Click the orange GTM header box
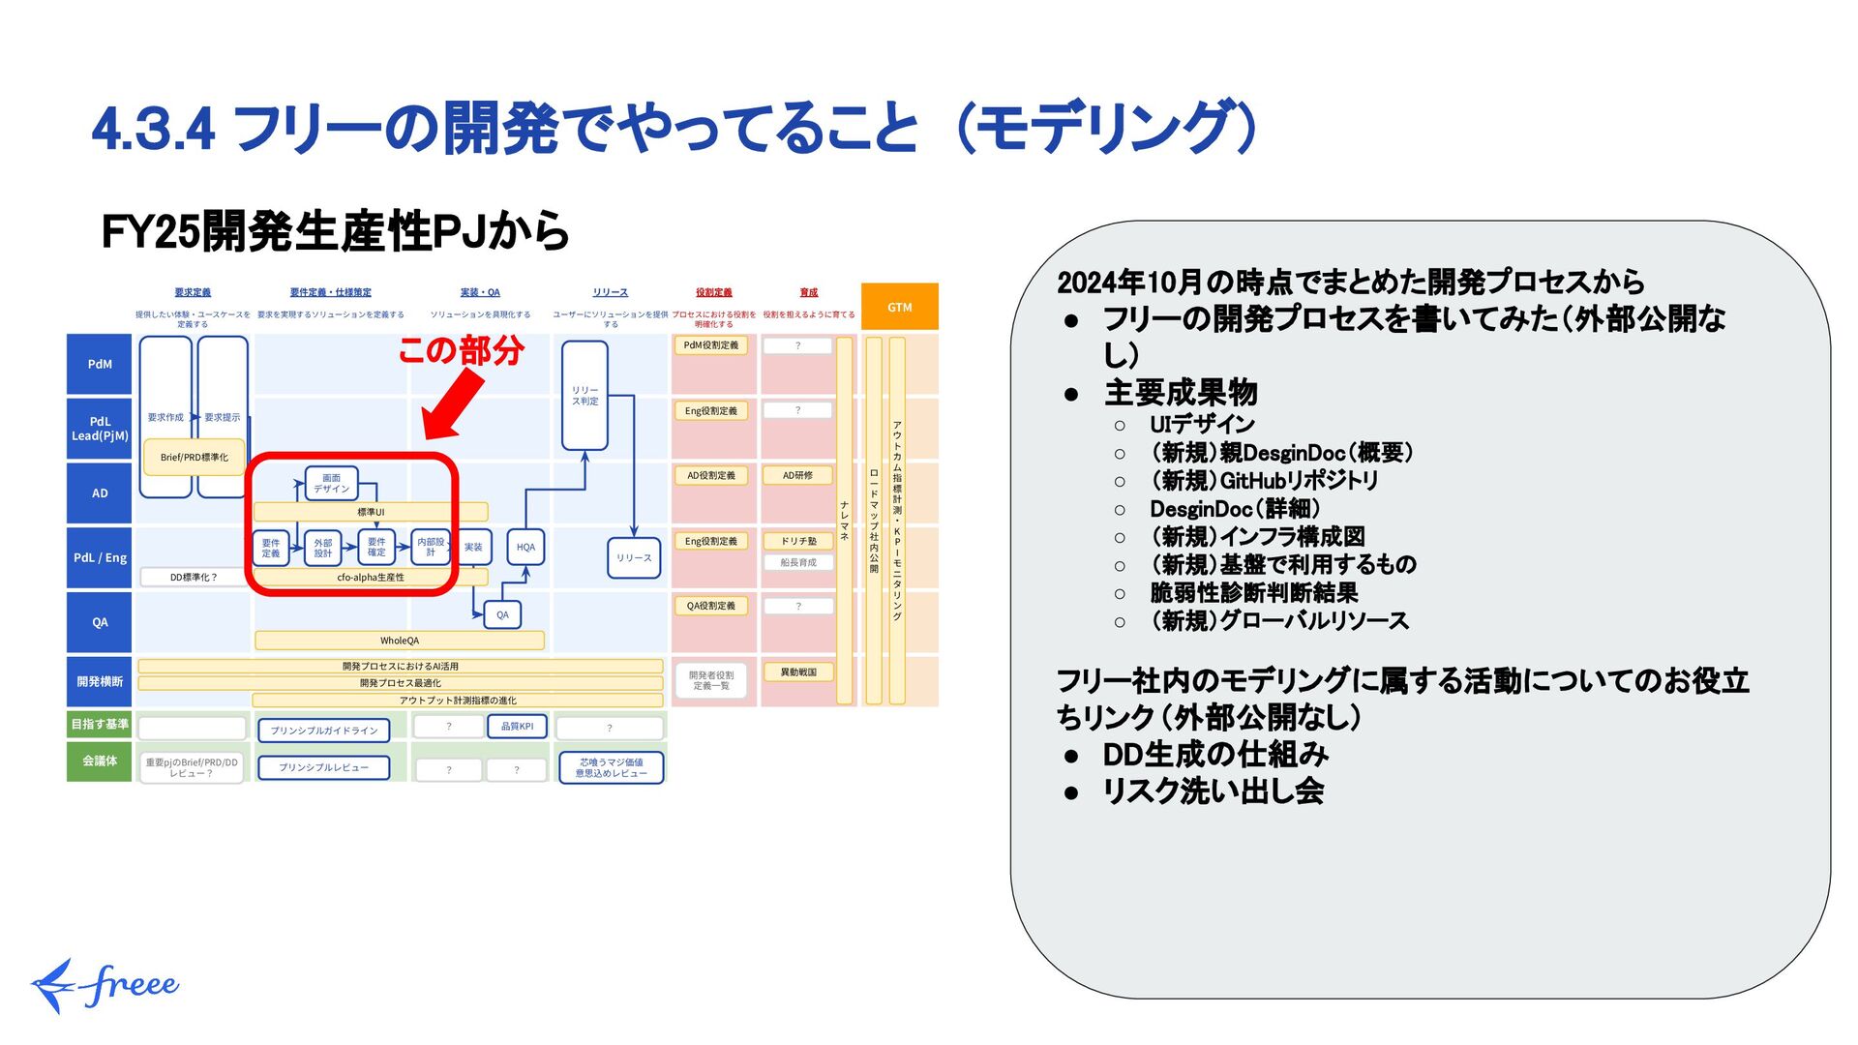(x=899, y=307)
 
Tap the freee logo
(x=105, y=985)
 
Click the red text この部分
(x=461, y=349)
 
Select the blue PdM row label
(x=100, y=365)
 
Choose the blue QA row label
(x=100, y=622)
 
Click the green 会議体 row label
(x=100, y=761)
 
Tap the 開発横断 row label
(x=100, y=682)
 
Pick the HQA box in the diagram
(x=525, y=548)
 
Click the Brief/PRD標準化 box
(x=195, y=458)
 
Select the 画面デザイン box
(x=331, y=483)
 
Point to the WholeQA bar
(x=400, y=641)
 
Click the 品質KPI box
(x=517, y=727)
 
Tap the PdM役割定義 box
(x=710, y=345)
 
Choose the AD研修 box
(x=797, y=476)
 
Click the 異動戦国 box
(x=798, y=672)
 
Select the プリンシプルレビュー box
(x=323, y=768)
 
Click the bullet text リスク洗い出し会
(x=1213, y=791)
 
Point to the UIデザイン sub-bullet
(x=1202, y=425)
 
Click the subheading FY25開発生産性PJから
(x=335, y=232)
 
